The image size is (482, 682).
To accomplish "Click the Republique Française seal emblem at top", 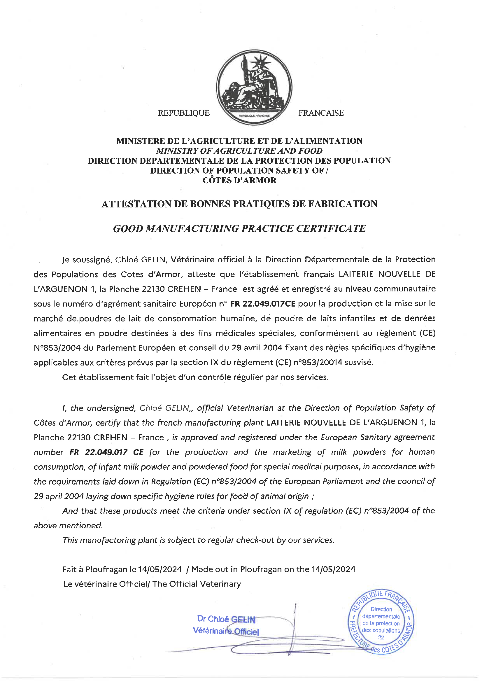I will (x=254, y=87).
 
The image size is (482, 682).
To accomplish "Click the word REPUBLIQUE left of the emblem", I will (x=183, y=113).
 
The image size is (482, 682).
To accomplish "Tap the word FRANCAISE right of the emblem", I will (x=321, y=113).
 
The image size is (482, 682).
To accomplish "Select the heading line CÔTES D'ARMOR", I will (x=239, y=180).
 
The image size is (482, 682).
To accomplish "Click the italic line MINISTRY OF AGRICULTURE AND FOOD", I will (x=239, y=151).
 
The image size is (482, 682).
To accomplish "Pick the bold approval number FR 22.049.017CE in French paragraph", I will (x=263, y=304).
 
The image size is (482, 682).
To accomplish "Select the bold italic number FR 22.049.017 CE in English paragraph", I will (x=106, y=452).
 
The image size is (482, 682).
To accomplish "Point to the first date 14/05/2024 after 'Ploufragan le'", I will (x=160, y=569).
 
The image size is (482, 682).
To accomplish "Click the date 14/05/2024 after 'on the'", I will (x=333, y=569).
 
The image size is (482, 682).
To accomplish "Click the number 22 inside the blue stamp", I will (x=381, y=638).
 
